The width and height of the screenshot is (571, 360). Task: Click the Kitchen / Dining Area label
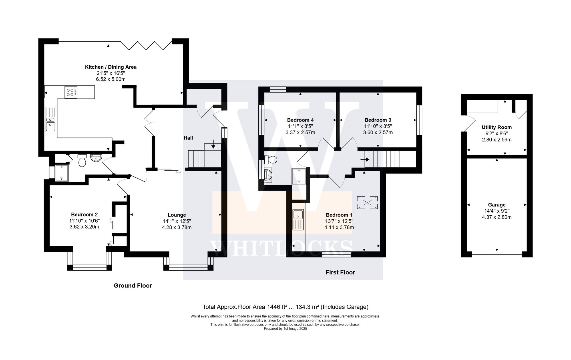(x=111, y=67)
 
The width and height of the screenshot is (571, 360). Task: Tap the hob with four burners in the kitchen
(x=71, y=92)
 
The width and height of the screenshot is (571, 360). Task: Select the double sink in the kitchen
(x=51, y=119)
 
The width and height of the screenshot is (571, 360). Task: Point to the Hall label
(x=188, y=138)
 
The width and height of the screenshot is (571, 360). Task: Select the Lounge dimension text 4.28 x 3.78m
(x=177, y=227)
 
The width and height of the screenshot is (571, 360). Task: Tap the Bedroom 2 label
(x=84, y=215)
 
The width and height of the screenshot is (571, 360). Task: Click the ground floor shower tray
(x=62, y=173)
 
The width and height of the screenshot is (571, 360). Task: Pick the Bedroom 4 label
(x=300, y=120)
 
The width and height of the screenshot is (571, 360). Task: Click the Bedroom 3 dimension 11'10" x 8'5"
(x=378, y=126)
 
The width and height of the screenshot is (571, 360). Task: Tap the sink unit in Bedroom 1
(x=298, y=220)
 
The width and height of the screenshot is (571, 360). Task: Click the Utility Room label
(x=496, y=127)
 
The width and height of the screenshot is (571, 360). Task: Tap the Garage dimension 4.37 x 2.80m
(x=496, y=217)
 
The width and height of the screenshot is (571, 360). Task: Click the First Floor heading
(x=340, y=272)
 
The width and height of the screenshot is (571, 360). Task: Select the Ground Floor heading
(x=133, y=286)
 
